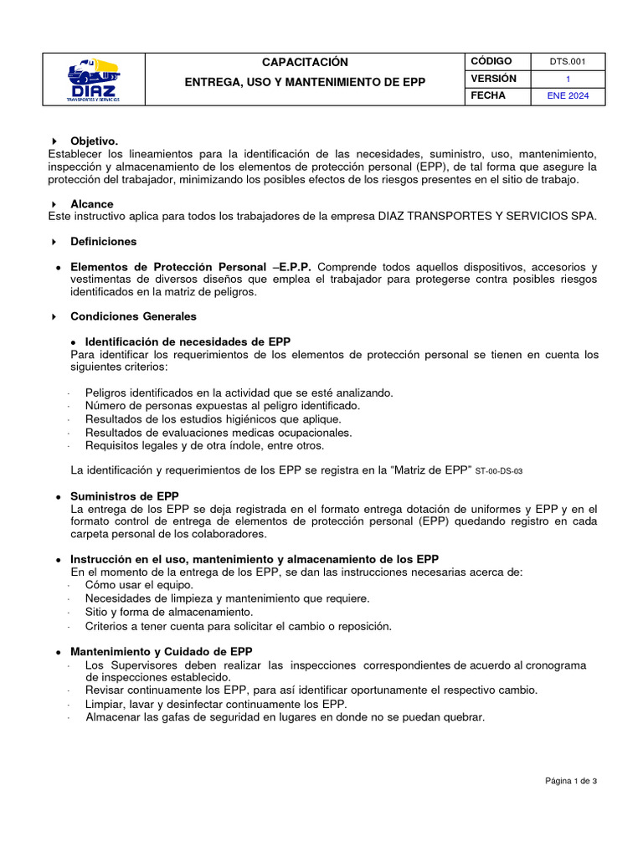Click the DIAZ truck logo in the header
click(93, 80)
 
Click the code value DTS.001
click(568, 62)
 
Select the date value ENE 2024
click(568, 96)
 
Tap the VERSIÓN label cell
click(494, 79)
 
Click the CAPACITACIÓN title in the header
click(305, 63)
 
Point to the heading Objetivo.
click(94, 141)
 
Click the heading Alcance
click(91, 204)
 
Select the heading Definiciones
click(103, 242)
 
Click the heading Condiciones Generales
click(133, 317)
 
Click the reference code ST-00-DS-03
click(498, 472)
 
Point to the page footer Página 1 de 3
click(570, 781)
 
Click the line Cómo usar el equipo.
click(139, 585)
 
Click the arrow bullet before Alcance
click(54, 205)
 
